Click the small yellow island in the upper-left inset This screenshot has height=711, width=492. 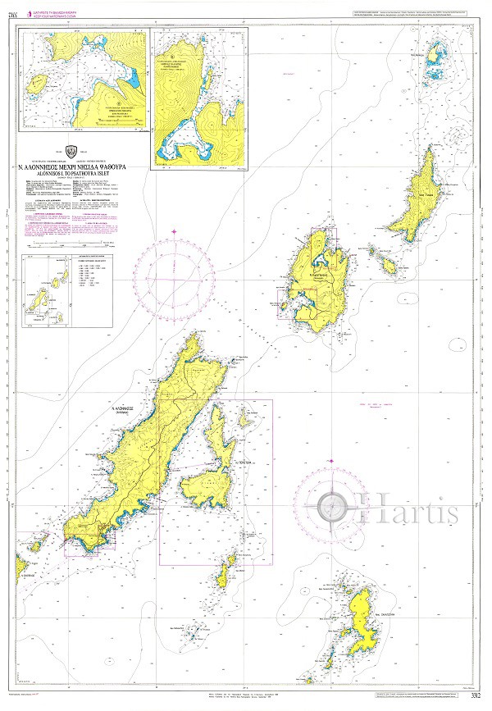click(x=36, y=84)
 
